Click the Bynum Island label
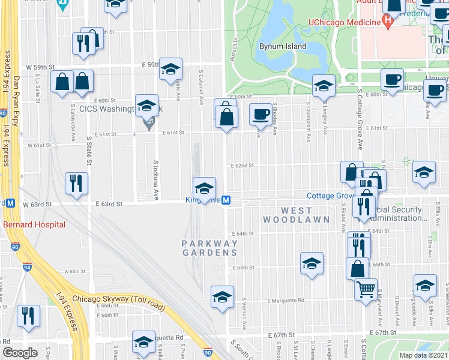tap(283, 46)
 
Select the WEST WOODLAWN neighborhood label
tap(297, 215)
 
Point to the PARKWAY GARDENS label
tap(210, 248)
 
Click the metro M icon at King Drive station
tap(226, 200)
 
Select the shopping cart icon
tap(366, 289)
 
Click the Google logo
tap(20, 353)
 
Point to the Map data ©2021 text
tap(423, 355)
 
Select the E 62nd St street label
tap(243, 166)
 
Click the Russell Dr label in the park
tap(234, 51)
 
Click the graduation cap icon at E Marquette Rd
tap(222, 296)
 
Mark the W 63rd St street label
tap(38, 205)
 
